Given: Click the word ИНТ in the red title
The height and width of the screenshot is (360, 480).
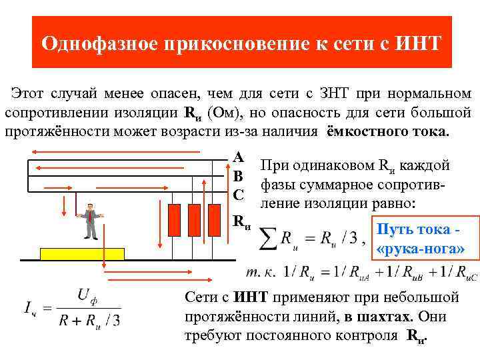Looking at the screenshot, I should pyautogui.click(x=418, y=43).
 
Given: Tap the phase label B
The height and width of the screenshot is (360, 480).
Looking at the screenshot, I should pyautogui.click(x=238, y=177).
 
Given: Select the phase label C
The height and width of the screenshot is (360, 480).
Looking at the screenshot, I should pyautogui.click(x=238, y=195).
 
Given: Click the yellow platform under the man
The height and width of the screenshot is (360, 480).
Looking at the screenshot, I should pyautogui.click(x=83, y=253).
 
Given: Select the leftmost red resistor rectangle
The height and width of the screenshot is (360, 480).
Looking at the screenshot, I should pyautogui.click(x=175, y=217).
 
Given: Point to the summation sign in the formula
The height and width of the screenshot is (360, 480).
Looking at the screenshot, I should pyautogui.click(x=266, y=240).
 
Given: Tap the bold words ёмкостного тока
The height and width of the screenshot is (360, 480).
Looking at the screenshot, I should pyautogui.click(x=388, y=129).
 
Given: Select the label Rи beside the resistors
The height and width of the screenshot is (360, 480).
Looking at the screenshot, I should pyautogui.click(x=241, y=222).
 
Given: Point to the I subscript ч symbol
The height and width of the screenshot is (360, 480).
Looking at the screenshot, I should pyautogui.click(x=29, y=308).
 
